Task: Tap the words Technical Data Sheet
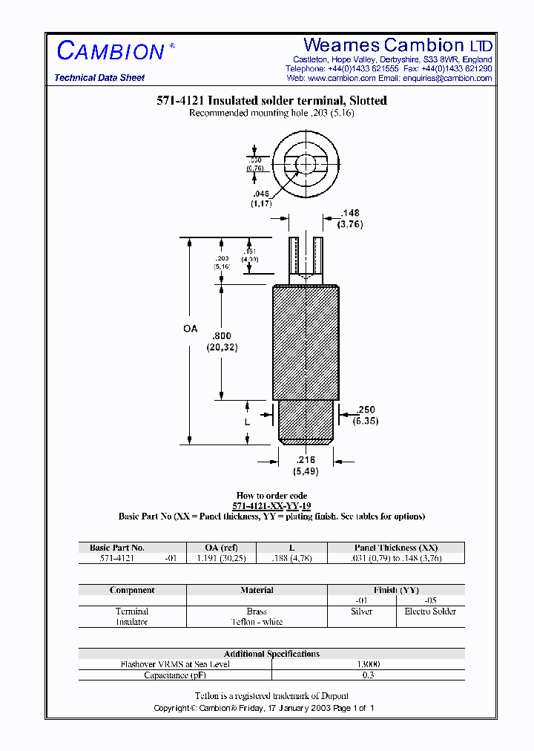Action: pos(99,78)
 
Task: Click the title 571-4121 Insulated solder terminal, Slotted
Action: pos(271,101)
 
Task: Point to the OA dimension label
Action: pos(190,328)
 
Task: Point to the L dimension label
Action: pos(248,422)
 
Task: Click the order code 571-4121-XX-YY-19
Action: pos(271,506)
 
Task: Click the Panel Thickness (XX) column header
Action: pos(396,548)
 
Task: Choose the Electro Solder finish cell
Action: pos(430,611)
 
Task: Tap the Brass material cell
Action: pos(257,611)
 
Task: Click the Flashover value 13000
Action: pos(368,664)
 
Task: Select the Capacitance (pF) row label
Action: pos(175,675)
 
